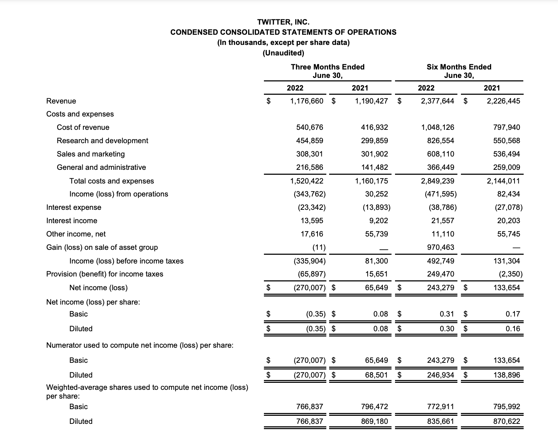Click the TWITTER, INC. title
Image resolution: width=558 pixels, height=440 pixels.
pyautogui.click(x=283, y=22)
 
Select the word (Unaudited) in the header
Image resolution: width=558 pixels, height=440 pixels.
pyautogui.click(x=283, y=53)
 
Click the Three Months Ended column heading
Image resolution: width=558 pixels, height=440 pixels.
pyautogui.click(x=327, y=67)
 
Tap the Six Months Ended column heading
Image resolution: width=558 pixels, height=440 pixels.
pyautogui.click(x=459, y=67)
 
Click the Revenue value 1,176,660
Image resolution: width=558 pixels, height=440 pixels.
pyautogui.click(x=307, y=101)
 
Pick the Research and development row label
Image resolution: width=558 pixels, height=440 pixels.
pyautogui.click(x=102, y=141)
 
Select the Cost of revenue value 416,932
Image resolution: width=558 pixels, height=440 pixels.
pyautogui.click(x=374, y=127)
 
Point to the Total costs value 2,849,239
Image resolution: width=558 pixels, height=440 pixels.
pyautogui.click(x=437, y=181)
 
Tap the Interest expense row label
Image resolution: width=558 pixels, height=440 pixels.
pyautogui.click(x=74, y=207)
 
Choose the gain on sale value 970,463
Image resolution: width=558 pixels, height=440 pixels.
pyautogui.click(x=441, y=247)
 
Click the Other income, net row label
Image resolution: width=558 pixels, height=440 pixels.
pyautogui.click(x=76, y=234)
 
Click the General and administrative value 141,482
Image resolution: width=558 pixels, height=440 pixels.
pyautogui.click(x=374, y=167)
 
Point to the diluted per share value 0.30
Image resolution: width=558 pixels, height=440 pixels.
pyautogui.click(x=447, y=329)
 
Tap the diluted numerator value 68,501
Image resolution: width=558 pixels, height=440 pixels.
pyautogui.click(x=376, y=375)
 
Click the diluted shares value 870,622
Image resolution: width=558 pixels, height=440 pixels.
pyautogui.click(x=506, y=421)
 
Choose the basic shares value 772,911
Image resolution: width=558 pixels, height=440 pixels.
pyautogui.click(x=441, y=407)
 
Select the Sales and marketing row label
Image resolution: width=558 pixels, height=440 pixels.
pyautogui.click(x=91, y=154)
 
